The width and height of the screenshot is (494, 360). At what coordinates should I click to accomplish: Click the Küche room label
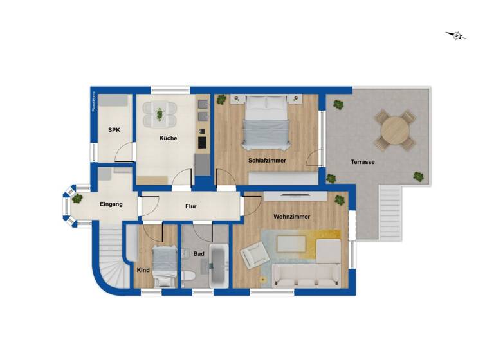coord(169,138)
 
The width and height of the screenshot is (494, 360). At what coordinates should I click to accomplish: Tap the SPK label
coord(114,130)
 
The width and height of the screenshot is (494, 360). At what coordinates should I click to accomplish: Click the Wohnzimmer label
coord(291,217)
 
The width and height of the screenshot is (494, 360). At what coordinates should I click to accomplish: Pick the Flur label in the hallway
coord(190,206)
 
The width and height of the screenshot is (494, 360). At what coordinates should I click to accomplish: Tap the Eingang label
coord(111,204)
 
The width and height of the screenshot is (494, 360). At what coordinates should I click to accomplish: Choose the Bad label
coord(199,254)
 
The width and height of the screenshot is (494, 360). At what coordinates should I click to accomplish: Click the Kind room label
coord(143,270)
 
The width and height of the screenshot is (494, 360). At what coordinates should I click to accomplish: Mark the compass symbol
coord(457,35)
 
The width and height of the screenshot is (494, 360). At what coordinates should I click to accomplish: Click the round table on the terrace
coord(394,131)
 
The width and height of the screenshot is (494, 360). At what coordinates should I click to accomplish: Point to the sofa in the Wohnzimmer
coord(306,274)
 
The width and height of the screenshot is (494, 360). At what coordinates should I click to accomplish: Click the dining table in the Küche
coord(160,115)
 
